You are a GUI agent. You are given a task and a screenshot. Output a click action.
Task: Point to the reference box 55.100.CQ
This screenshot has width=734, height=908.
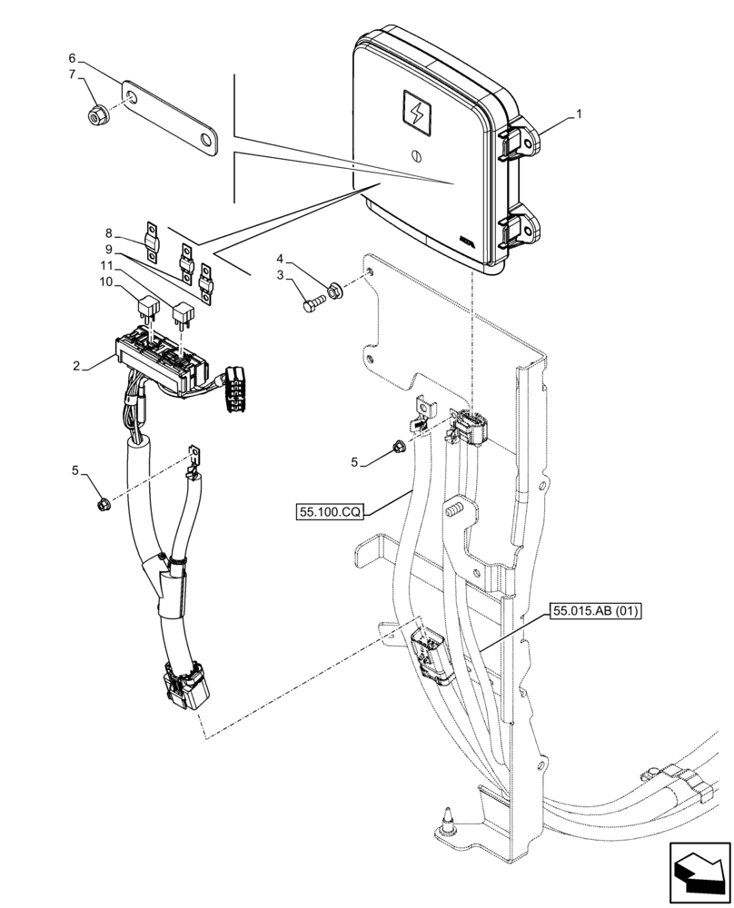point(329,513)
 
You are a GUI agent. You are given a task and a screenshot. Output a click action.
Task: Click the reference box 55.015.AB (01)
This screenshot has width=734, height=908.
point(595,611)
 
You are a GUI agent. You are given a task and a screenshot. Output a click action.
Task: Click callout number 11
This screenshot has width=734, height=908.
point(105,266)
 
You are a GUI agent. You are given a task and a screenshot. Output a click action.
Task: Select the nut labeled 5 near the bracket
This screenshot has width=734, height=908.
point(398,446)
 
